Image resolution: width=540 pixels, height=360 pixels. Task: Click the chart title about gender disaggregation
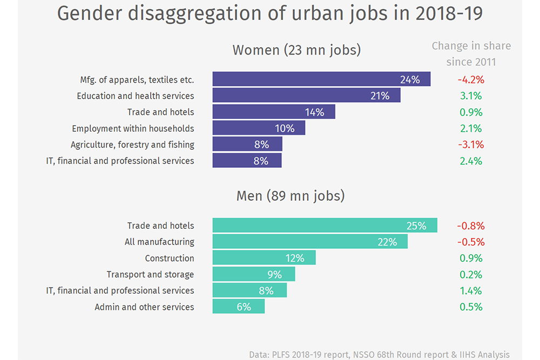point(269,13)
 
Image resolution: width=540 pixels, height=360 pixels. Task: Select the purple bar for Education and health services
point(306,96)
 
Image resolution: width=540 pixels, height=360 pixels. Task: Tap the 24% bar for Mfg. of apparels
point(321,79)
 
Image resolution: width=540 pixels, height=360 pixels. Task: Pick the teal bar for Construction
point(264,258)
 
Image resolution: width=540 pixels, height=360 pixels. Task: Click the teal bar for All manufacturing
point(310,242)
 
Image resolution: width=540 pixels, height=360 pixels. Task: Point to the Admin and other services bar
point(239,307)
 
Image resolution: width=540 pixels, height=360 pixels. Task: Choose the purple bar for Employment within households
point(259,128)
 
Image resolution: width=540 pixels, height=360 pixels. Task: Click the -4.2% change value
point(471,80)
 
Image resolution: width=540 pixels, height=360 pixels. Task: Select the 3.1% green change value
point(471,96)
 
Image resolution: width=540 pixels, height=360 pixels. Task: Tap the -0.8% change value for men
point(471,226)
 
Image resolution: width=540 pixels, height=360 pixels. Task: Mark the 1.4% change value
point(471,290)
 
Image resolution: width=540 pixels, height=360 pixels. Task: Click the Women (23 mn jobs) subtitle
point(296,50)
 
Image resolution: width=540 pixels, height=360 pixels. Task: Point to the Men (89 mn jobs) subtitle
point(291,195)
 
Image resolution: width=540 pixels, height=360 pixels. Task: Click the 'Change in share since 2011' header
point(471,53)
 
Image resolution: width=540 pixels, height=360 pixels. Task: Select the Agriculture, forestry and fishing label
point(132,145)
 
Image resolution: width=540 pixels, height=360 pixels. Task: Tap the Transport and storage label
point(150,274)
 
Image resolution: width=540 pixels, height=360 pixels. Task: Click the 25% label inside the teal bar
point(416,226)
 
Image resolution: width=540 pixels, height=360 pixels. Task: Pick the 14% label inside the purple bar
point(314,112)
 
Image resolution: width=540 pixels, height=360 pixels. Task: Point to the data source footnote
point(379,355)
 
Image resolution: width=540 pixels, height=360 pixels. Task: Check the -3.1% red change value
point(471,145)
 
